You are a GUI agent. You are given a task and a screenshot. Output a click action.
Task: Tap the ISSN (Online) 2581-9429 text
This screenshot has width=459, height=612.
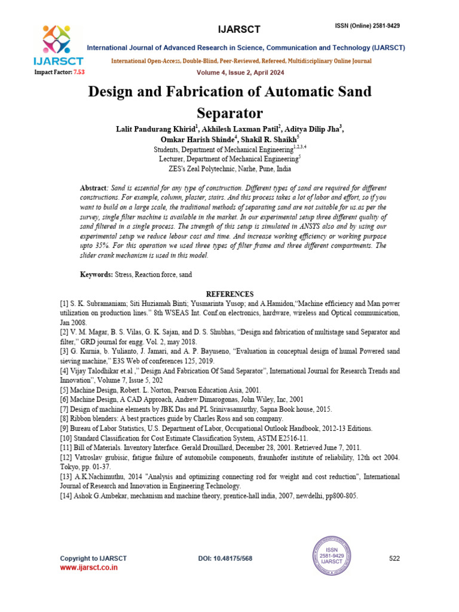coord(371,26)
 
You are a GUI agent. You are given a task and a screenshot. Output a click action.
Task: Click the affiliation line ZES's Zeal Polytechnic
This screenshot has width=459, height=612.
coord(229,169)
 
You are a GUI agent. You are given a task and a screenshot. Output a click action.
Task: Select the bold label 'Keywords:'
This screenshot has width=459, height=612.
coord(96,274)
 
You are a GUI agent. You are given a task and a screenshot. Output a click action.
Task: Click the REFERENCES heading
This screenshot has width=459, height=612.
coord(229,294)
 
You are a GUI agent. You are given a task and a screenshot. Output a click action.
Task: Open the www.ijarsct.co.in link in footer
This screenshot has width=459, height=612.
coord(88,568)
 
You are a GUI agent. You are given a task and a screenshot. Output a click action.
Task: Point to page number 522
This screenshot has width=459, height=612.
coord(394,558)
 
